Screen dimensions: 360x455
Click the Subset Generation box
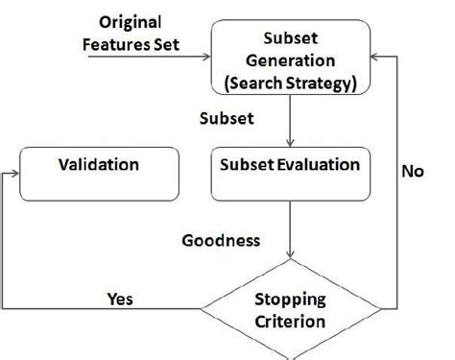[289, 60]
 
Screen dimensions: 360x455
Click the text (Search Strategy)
[289, 84]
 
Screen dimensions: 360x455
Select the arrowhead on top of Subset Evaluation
[289, 143]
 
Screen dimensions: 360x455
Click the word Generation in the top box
[289, 60]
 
